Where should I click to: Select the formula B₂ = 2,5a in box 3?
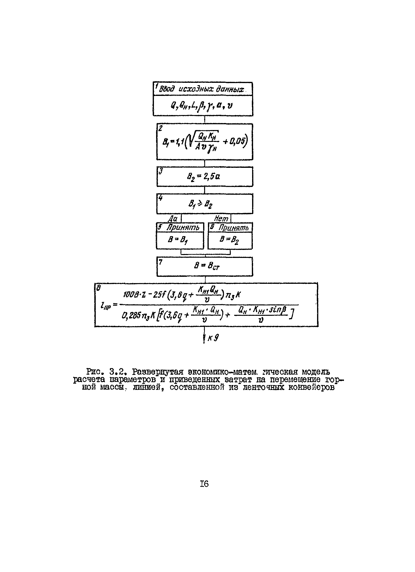point(203,176)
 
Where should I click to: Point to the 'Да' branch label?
point(173,218)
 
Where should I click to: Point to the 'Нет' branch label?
point(221,218)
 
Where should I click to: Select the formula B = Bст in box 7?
point(207,266)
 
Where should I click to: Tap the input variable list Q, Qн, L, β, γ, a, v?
point(201,105)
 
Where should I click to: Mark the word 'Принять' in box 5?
point(183,227)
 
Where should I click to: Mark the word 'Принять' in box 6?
point(233,228)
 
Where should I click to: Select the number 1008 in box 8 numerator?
point(129,294)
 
